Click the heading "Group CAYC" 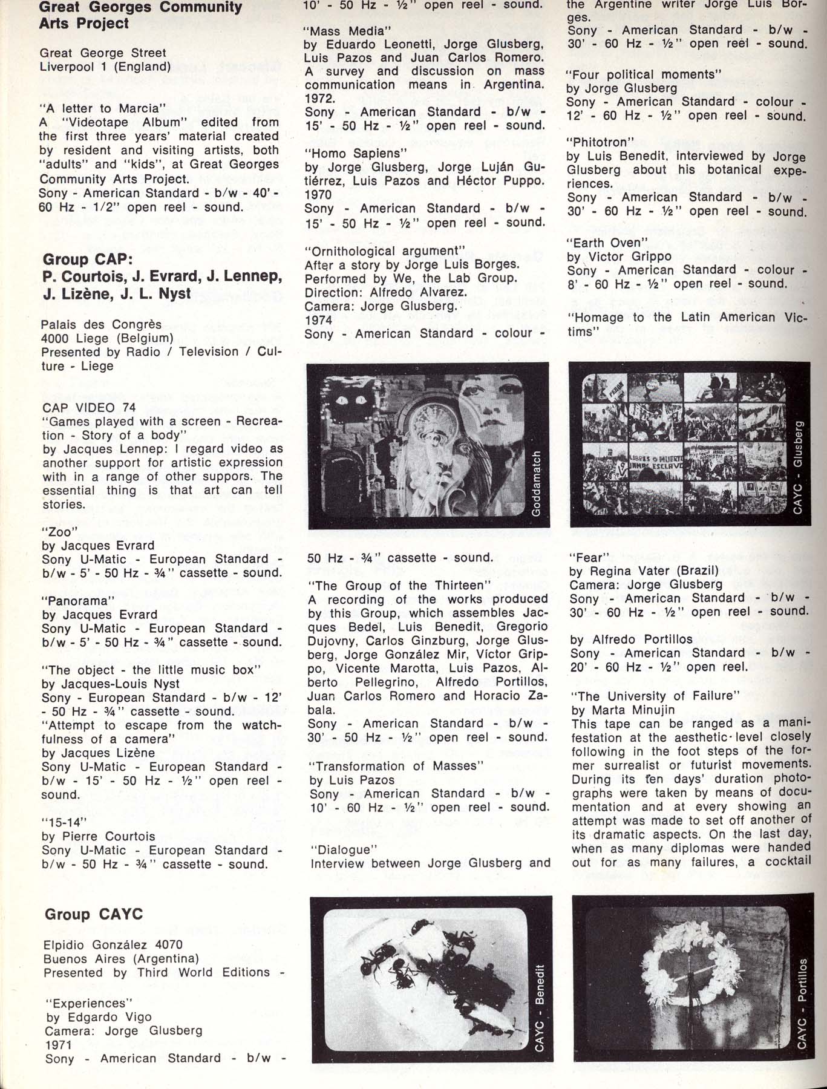[x=94, y=914]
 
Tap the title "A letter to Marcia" [x=102, y=109]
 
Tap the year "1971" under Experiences [x=58, y=1044]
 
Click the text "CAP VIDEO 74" [x=89, y=408]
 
